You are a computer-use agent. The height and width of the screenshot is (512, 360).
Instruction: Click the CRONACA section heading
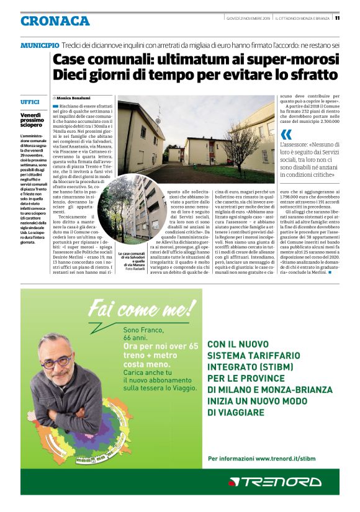(x=55, y=21)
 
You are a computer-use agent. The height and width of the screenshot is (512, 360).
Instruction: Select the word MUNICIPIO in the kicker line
(x=40, y=46)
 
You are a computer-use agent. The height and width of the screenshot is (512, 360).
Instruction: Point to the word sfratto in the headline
(x=312, y=76)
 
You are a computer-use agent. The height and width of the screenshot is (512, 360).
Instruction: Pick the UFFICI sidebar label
(x=30, y=101)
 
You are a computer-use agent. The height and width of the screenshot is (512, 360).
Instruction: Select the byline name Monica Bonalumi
(x=73, y=98)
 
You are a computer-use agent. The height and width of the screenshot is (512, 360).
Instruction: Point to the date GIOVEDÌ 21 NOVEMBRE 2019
(x=246, y=17)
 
